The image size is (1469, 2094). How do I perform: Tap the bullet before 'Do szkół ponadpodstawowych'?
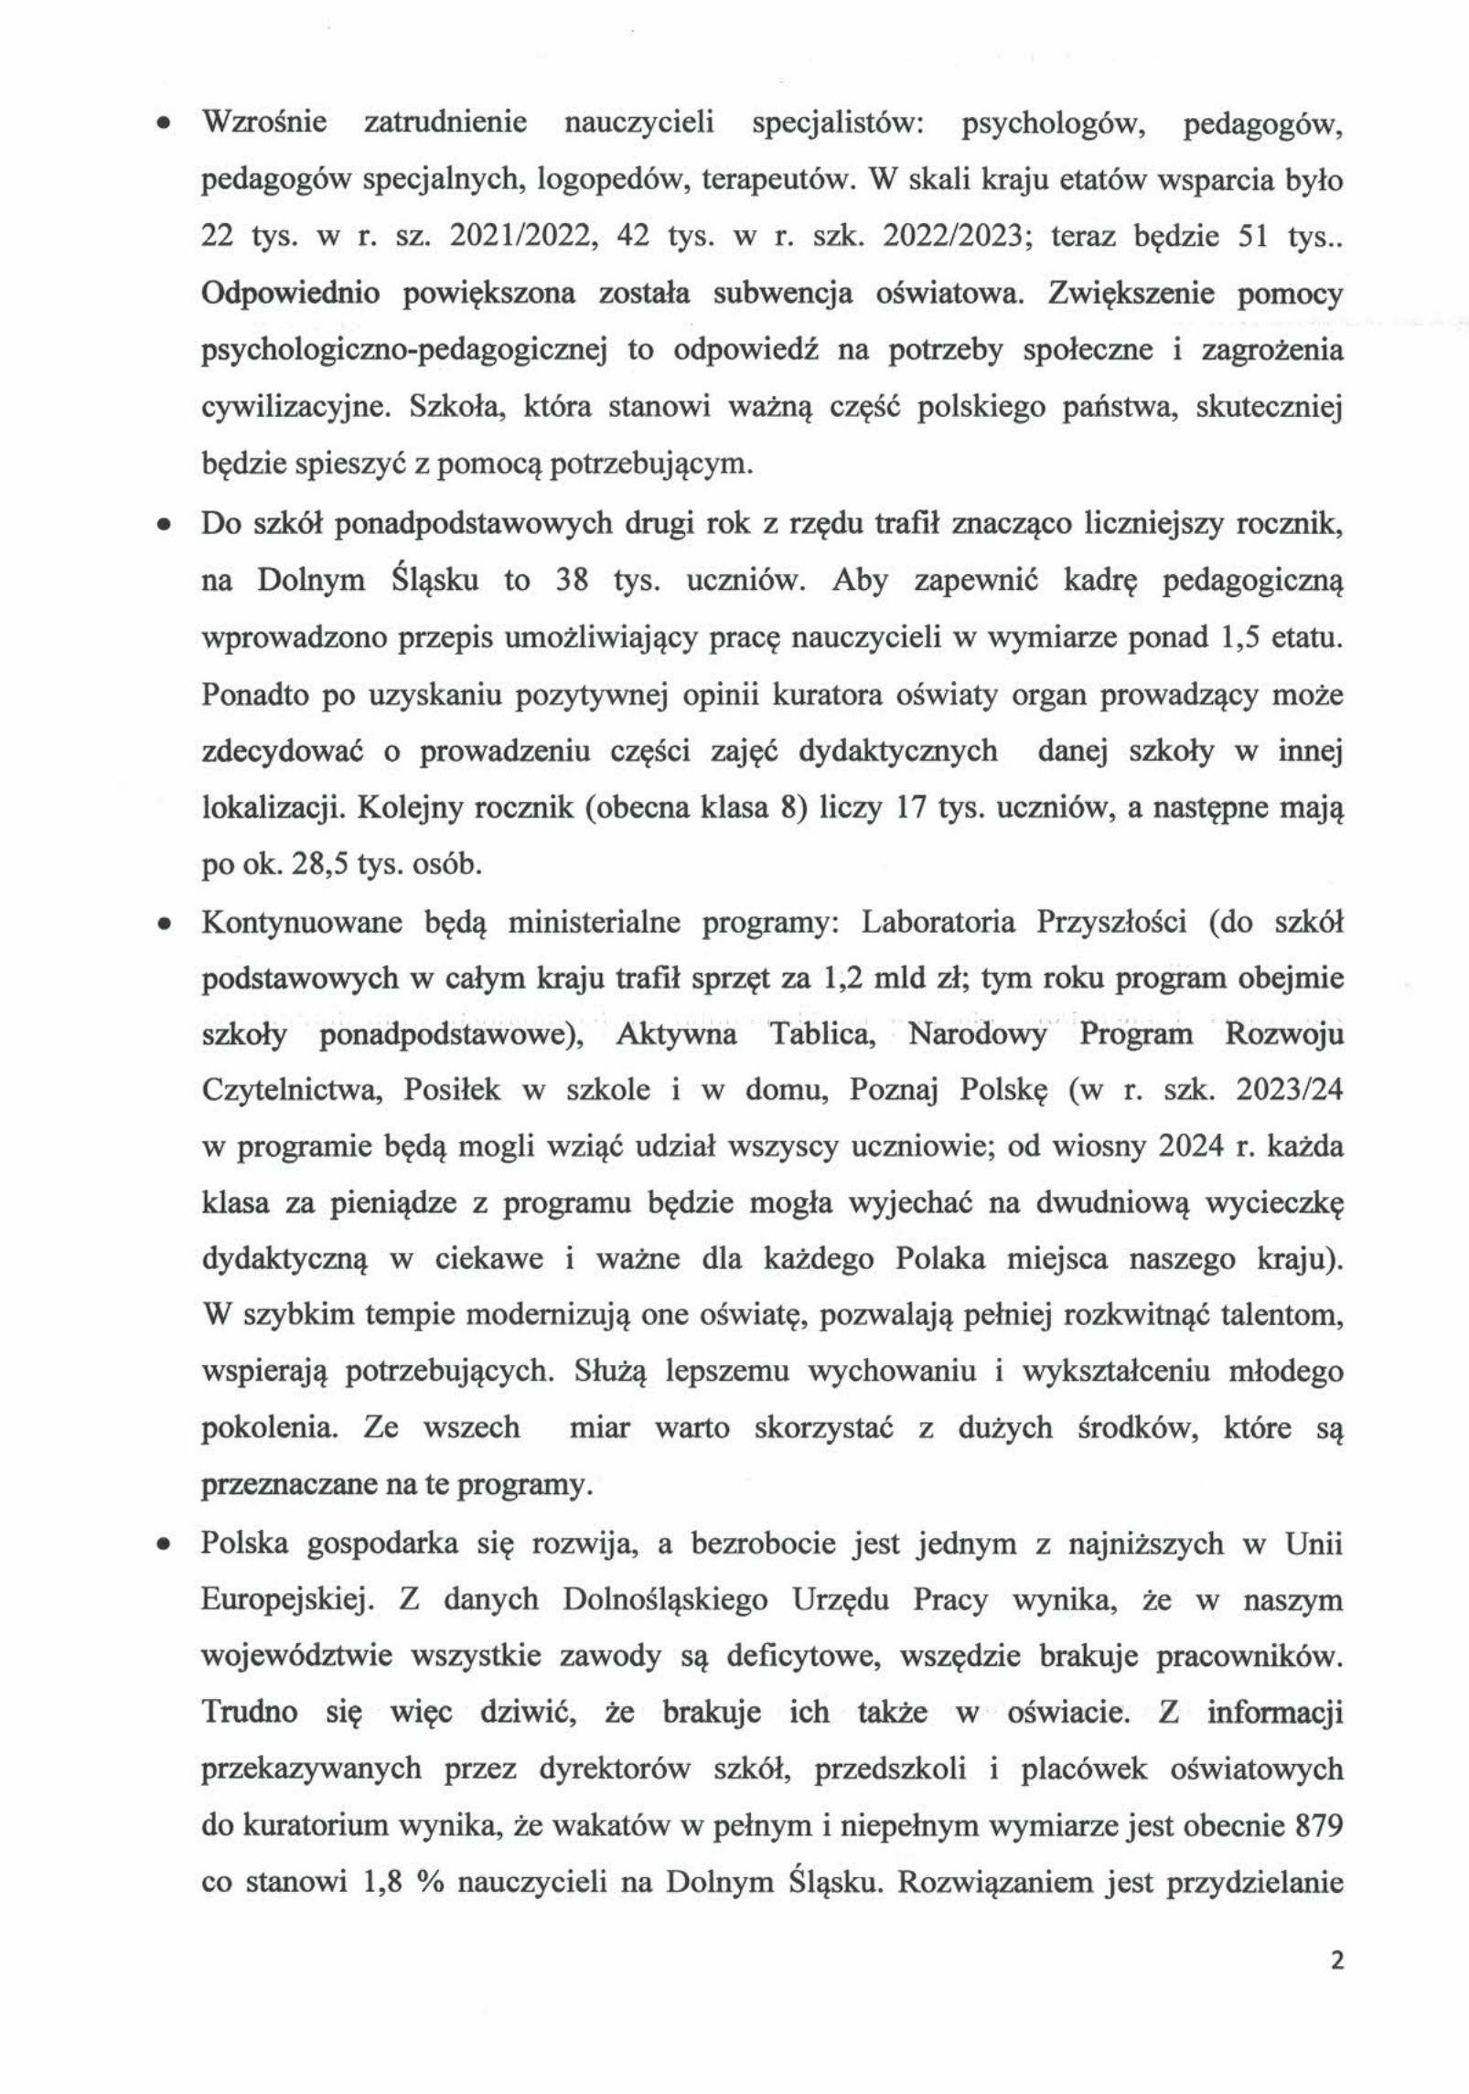163,526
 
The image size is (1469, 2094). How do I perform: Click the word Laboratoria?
938,922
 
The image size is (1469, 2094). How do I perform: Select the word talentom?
1288,1317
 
